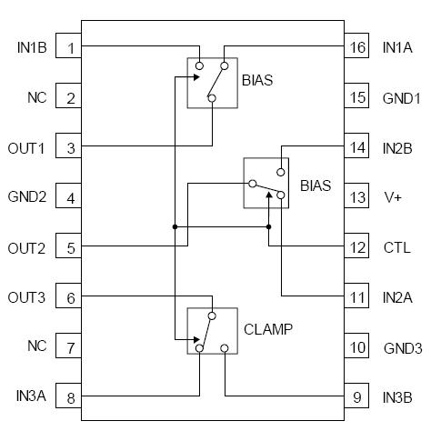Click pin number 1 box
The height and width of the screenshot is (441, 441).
(x=69, y=47)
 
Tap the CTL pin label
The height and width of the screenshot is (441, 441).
(x=396, y=246)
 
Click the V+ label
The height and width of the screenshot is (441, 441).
(x=392, y=196)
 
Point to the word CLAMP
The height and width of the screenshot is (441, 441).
(x=268, y=329)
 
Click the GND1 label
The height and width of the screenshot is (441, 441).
(x=402, y=97)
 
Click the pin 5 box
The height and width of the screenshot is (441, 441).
(x=69, y=246)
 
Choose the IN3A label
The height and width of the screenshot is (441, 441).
(x=30, y=396)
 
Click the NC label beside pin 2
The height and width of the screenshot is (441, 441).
(x=37, y=97)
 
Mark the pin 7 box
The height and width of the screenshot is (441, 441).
(x=69, y=346)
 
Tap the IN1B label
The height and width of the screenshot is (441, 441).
(x=32, y=47)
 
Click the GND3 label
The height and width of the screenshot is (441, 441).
(x=402, y=346)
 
